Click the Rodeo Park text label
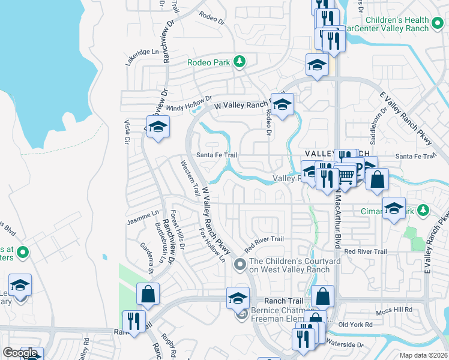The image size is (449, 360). click(x=209, y=62)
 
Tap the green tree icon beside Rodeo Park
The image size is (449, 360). click(x=240, y=61)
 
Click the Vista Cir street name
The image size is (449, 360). click(x=127, y=132)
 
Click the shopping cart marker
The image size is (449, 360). click(x=346, y=175)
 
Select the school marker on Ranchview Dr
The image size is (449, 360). click(x=158, y=127)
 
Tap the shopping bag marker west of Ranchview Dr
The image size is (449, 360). click(x=147, y=294)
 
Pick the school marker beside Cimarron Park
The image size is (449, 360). click(x=394, y=208)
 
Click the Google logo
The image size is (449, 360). click(x=20, y=353)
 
